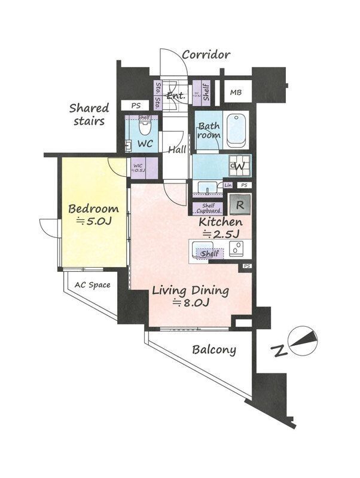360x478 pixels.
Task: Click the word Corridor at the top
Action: click(206, 55)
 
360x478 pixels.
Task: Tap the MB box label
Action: click(236, 93)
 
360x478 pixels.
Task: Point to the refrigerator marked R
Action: click(240, 205)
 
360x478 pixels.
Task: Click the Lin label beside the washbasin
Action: click(228, 185)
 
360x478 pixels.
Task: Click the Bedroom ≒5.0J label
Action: click(93, 215)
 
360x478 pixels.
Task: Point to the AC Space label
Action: click(92, 285)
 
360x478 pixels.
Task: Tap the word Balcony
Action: click(213, 350)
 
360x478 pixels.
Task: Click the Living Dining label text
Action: click(190, 296)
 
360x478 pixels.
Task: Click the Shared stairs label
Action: click(89, 114)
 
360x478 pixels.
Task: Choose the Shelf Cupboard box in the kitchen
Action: click(208, 208)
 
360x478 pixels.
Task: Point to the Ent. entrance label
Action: click(175, 96)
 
